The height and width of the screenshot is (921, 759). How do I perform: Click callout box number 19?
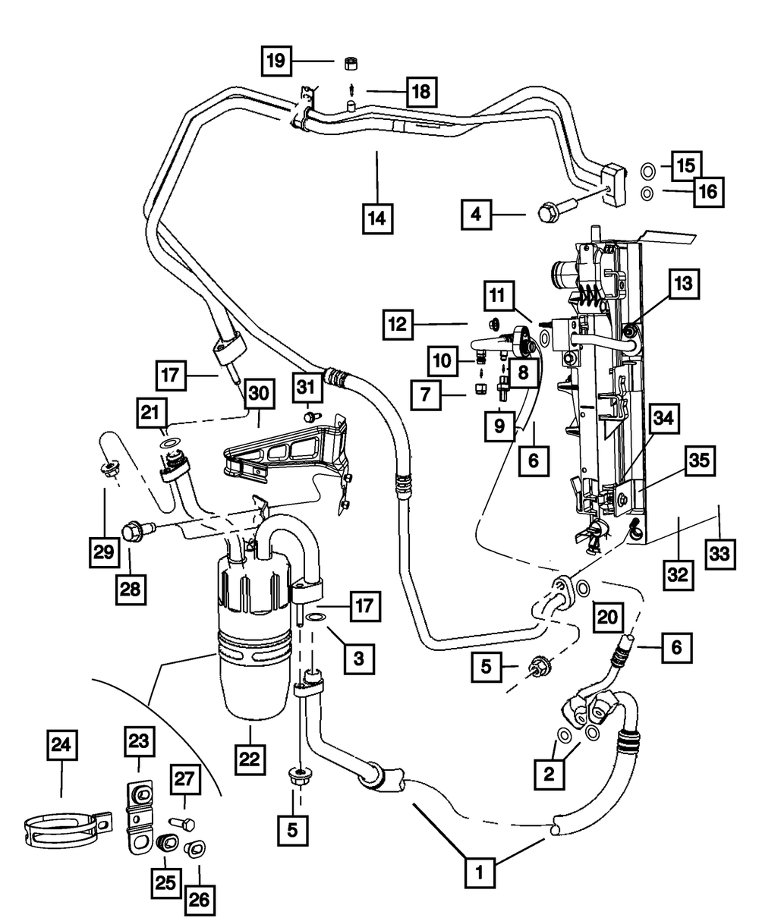pyautogui.click(x=277, y=60)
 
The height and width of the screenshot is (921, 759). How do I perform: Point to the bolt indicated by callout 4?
pyautogui.click(x=549, y=212)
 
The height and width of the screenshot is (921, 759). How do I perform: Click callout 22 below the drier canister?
pyautogui.click(x=251, y=756)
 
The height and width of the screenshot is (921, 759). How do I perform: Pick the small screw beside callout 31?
pyautogui.click(x=313, y=416)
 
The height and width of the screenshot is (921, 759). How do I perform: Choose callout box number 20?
pyautogui.click(x=608, y=616)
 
